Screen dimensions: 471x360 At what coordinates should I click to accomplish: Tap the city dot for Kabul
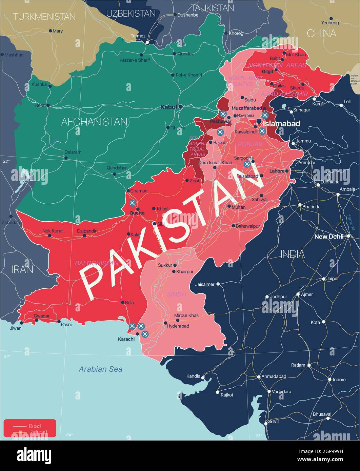pos(181,107)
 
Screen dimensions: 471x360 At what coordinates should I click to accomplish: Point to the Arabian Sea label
pos(100,369)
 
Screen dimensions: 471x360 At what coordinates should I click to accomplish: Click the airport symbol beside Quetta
pos(133,203)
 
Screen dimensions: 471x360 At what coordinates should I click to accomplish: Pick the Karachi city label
pos(126,339)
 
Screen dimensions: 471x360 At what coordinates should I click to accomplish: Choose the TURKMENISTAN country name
pos(44,16)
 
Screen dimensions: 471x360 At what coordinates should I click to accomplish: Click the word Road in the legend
pos(35,426)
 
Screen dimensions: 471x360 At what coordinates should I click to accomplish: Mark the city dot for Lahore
pos(287,171)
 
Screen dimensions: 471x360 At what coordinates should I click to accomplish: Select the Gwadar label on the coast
pos(42,316)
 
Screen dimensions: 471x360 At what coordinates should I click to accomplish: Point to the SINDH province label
pos(177,294)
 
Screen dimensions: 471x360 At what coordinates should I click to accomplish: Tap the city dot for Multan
pos(229,206)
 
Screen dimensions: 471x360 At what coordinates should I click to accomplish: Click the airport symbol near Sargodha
pos(247,164)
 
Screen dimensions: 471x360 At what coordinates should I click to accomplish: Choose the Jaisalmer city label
pos(205,284)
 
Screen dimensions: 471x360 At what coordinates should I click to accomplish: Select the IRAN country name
pos(22,269)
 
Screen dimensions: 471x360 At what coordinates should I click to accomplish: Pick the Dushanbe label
pos(188,15)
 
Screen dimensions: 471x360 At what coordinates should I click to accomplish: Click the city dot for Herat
pos(48,105)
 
